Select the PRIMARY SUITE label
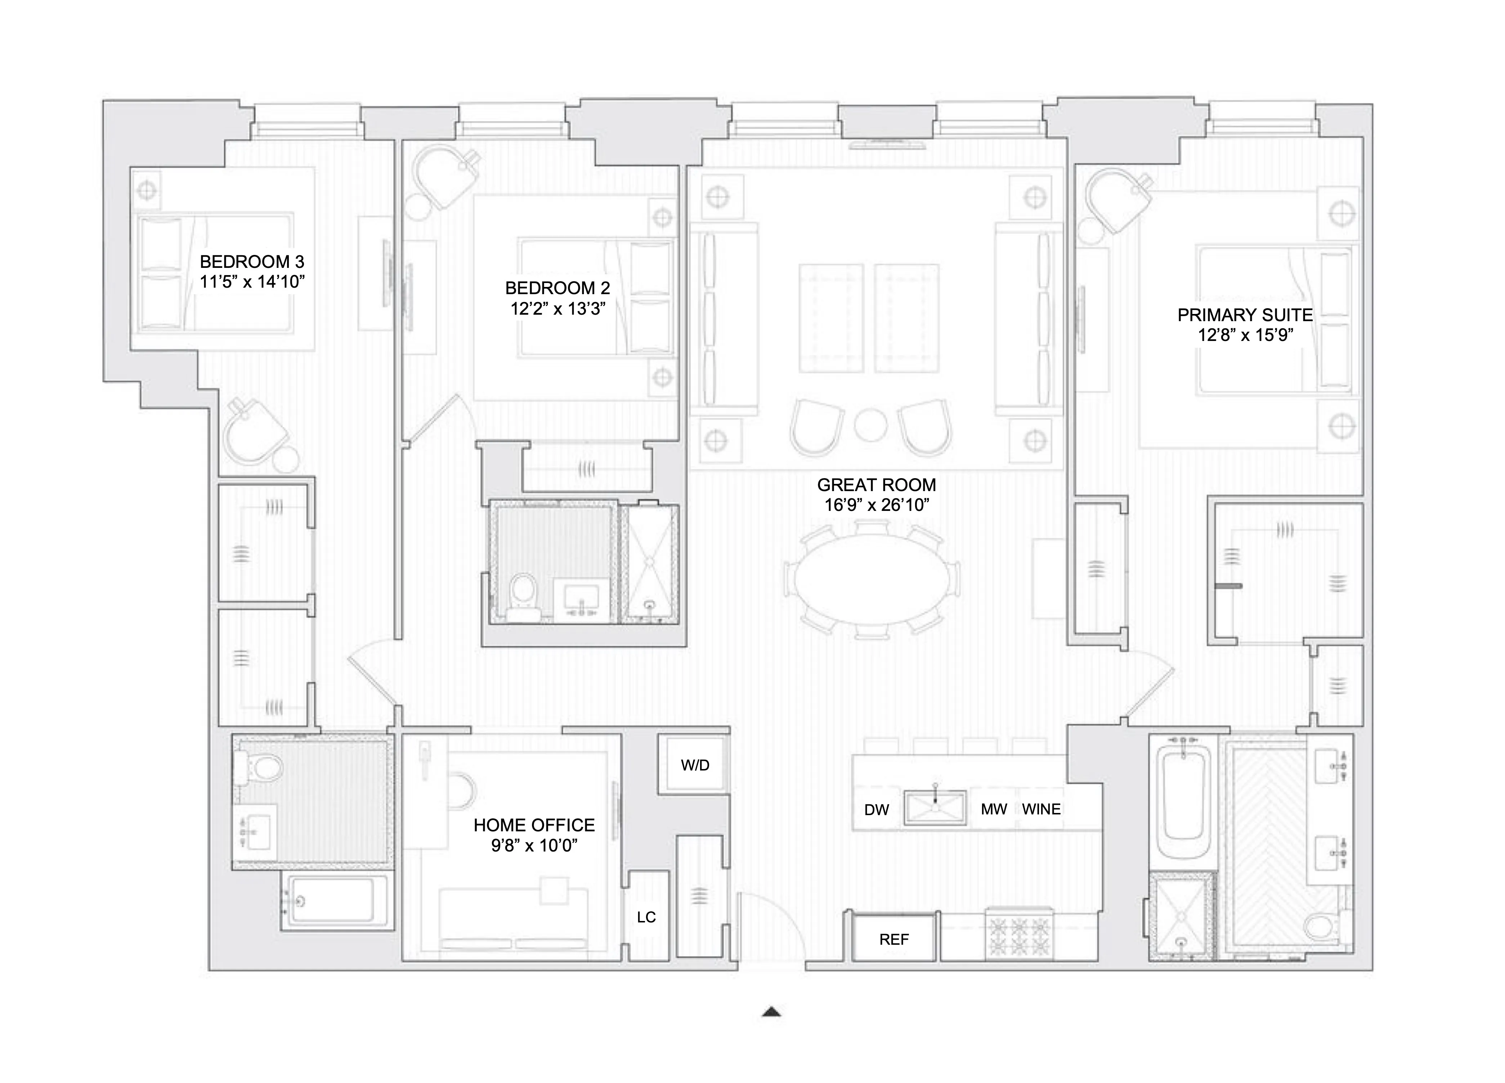click(1245, 315)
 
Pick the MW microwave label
click(993, 809)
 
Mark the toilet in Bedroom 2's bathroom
click(524, 594)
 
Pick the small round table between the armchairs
click(870, 425)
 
